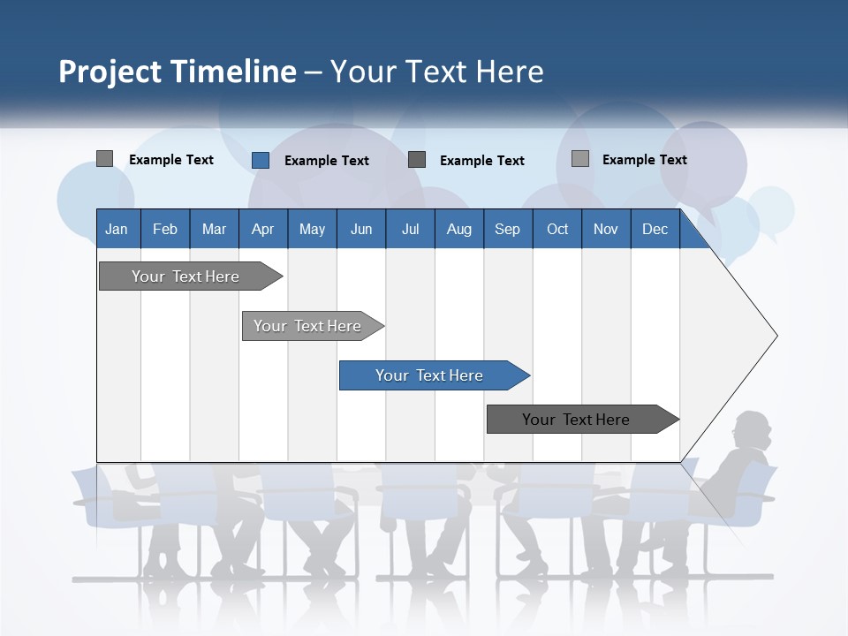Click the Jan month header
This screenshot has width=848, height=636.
(117, 229)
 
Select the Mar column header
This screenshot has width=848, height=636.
(214, 229)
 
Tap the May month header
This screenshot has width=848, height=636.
(312, 229)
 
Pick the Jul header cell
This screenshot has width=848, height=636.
(410, 229)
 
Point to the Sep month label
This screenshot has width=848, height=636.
(507, 229)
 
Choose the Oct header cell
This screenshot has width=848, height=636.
(557, 229)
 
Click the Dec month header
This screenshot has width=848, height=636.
(655, 229)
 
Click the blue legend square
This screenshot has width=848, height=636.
(261, 160)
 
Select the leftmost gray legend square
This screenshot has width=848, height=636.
(104, 159)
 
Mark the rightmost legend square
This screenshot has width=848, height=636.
(580, 159)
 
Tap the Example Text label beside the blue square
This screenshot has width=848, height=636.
(326, 161)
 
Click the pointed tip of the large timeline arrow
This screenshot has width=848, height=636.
(775, 336)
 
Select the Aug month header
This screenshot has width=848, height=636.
(458, 229)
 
